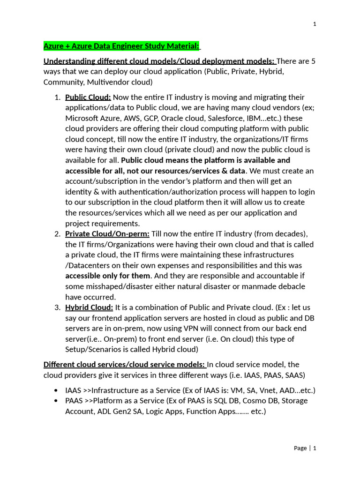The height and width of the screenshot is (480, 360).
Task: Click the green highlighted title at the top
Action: (121, 46)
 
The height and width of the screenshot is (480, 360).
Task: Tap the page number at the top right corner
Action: (315, 24)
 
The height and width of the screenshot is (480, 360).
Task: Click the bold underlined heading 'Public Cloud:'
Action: (88, 97)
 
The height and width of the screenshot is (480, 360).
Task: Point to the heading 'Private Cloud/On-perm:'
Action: (107, 234)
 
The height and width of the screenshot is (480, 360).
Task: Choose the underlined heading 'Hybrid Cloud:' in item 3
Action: (89, 307)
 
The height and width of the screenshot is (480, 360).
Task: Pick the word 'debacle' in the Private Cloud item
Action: (289, 286)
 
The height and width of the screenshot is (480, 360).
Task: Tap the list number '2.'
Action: (57, 234)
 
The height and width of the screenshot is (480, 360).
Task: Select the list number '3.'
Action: (57, 307)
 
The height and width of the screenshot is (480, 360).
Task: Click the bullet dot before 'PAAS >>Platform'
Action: (56, 401)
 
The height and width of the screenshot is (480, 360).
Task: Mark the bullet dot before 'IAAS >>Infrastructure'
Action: (56, 390)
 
